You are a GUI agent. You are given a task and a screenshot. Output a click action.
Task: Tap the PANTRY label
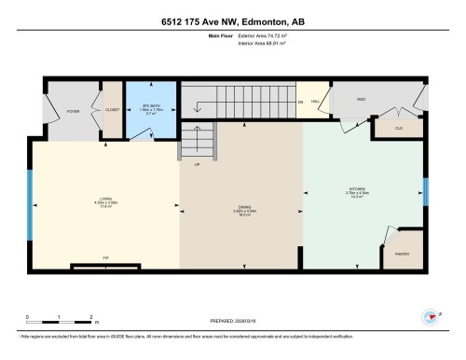tap(402, 255)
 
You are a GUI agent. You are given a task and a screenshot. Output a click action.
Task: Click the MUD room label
tap(361, 98)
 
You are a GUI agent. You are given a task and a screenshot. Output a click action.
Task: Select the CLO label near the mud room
tap(398, 128)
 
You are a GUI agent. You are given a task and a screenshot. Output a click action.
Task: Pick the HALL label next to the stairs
tap(316, 100)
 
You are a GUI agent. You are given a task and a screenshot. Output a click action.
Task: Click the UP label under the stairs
tap(197, 166)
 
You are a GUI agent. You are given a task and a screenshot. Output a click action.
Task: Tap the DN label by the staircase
tap(300, 101)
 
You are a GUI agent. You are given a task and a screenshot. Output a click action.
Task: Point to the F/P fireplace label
tap(105, 260)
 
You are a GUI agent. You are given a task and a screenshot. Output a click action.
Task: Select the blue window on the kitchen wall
tap(425, 190)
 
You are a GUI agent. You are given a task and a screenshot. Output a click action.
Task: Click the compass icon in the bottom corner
tap(433, 318)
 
